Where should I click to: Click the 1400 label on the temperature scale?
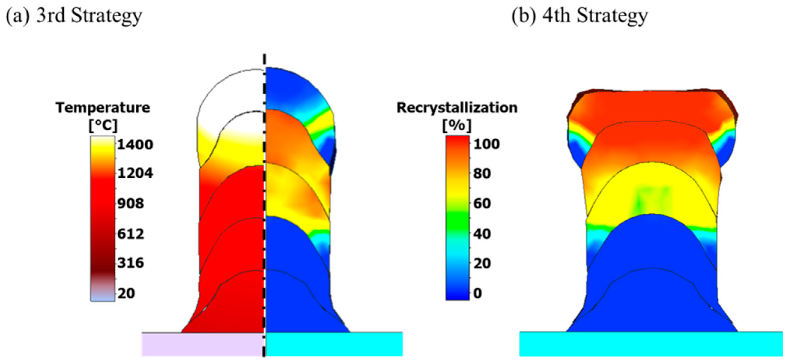[x=135, y=144]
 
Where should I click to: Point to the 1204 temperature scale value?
[x=135, y=173]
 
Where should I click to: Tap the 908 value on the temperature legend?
[x=131, y=204]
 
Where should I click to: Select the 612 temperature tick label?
[x=131, y=234]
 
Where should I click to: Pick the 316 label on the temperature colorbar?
[x=131, y=263]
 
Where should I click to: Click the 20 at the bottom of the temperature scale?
[x=126, y=293]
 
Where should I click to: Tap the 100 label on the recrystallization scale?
[x=486, y=144]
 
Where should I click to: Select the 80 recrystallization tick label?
[x=482, y=173]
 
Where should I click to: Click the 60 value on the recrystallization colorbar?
[x=482, y=204]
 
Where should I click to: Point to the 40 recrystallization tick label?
[x=482, y=234]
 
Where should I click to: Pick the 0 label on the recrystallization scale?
[x=478, y=293]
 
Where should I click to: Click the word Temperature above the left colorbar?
[x=103, y=108]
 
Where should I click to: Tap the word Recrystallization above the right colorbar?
[x=457, y=108]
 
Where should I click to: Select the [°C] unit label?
[x=103, y=125]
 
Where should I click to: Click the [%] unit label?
[x=457, y=125]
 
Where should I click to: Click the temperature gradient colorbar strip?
[x=103, y=219]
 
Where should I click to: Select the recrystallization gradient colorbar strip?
[x=457, y=218]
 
